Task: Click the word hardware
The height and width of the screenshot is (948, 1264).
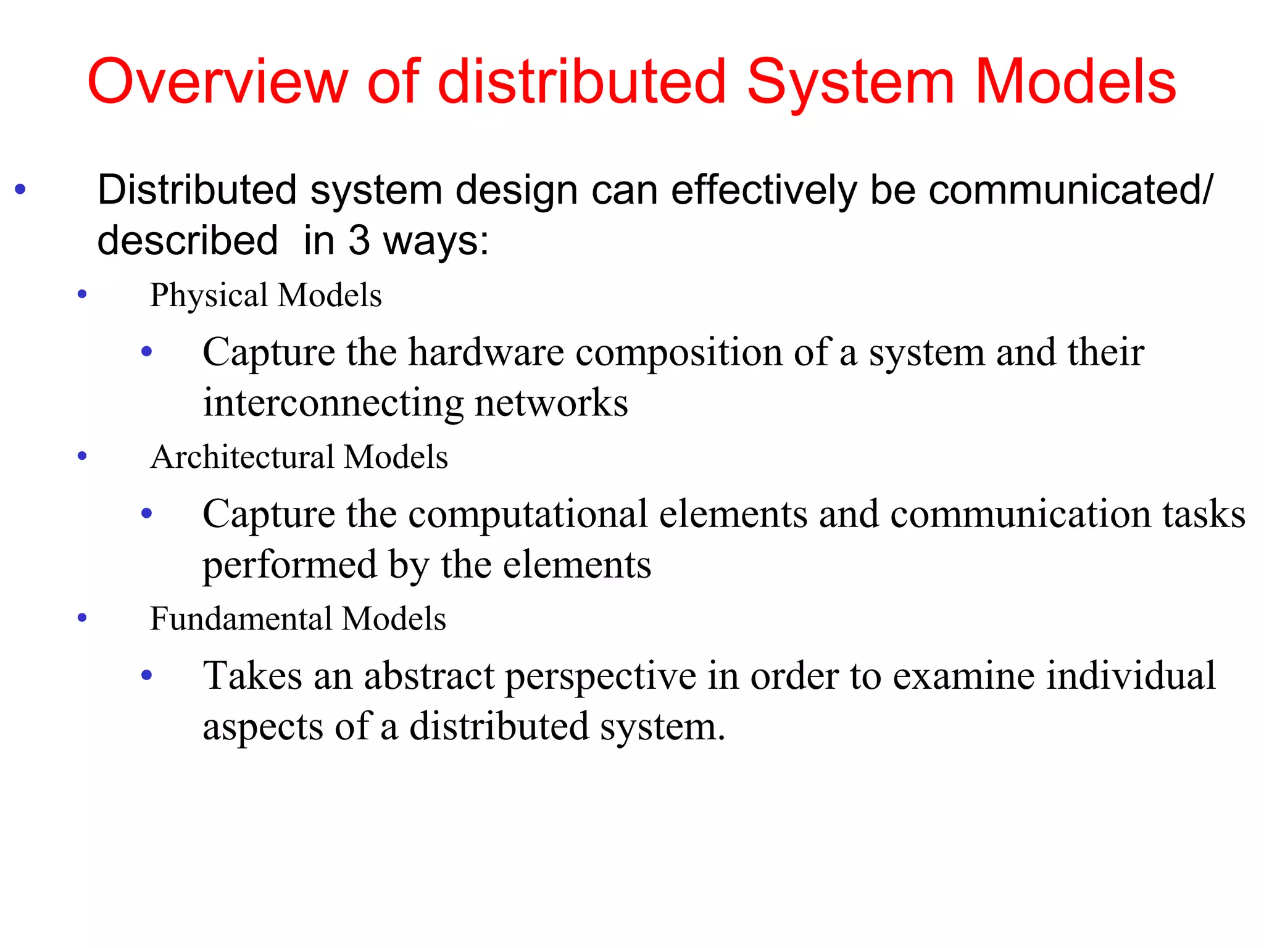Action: tap(486, 352)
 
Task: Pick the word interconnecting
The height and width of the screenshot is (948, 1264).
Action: tap(333, 403)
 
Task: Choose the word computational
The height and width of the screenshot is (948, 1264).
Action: tap(527, 515)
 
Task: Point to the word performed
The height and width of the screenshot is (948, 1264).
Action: tap(289, 565)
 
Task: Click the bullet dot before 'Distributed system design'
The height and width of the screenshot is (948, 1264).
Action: tap(20, 189)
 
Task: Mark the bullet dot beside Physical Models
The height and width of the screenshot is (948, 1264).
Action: tap(82, 294)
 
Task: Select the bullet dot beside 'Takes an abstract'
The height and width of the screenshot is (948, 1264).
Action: tap(147, 675)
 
